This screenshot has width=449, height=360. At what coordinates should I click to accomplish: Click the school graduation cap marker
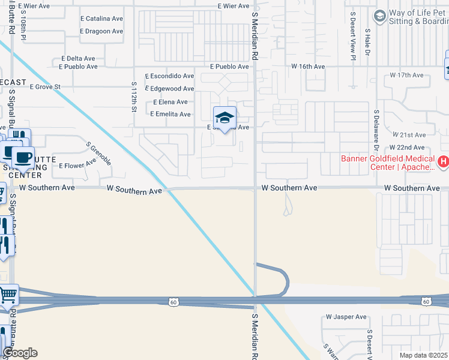click(x=224, y=118)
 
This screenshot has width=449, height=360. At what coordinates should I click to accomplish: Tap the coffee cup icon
click(x=23, y=158)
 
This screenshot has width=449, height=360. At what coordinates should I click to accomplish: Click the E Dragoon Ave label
click(x=101, y=31)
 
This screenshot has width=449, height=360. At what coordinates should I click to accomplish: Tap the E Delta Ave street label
click(x=78, y=59)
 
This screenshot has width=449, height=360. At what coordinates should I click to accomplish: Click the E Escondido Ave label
click(x=170, y=76)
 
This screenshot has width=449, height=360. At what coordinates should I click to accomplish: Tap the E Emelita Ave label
click(x=170, y=114)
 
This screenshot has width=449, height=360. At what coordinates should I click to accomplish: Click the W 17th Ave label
click(x=406, y=76)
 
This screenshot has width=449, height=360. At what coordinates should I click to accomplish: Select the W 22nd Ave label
click(x=407, y=148)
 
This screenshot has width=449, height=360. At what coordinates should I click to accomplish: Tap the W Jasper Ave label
click(x=346, y=317)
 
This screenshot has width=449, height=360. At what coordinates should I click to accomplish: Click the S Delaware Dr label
click(x=376, y=129)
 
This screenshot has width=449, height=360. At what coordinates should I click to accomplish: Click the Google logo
click(x=20, y=353)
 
